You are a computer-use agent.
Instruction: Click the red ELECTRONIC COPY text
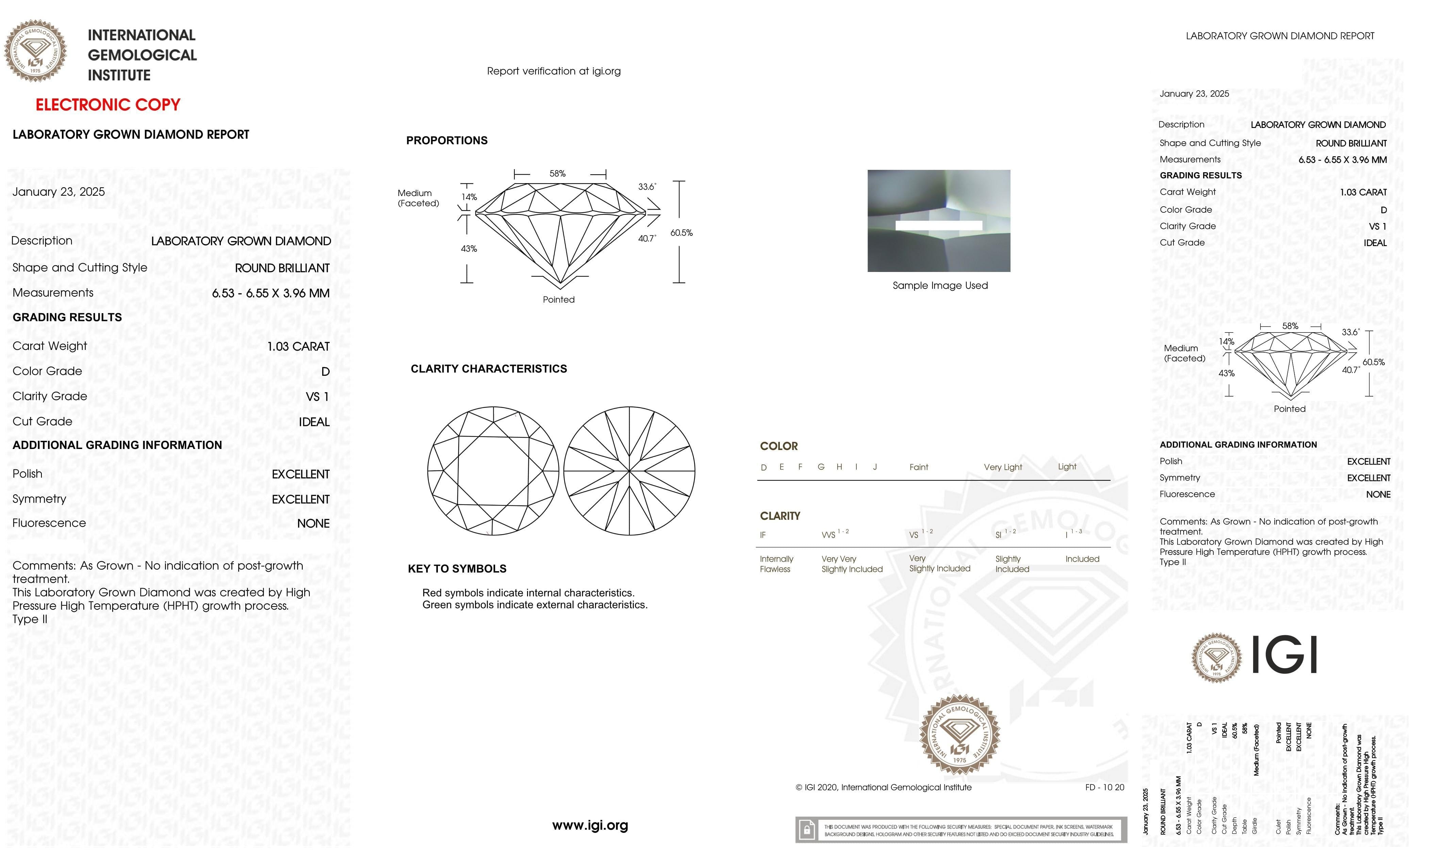click(108, 105)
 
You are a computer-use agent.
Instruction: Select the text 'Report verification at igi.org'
click(553, 71)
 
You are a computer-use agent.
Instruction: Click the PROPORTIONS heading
click(446, 140)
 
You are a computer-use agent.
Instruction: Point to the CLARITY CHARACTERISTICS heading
click(488, 369)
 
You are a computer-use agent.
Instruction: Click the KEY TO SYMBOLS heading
click(457, 568)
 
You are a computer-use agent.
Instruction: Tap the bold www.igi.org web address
click(590, 825)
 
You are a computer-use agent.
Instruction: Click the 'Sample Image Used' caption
click(939, 286)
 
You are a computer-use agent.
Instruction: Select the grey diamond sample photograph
click(938, 221)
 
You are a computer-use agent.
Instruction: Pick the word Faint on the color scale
click(919, 467)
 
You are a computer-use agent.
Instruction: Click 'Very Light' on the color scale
click(1003, 467)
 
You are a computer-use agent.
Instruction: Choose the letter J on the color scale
click(874, 467)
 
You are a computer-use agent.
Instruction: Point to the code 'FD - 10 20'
click(1104, 787)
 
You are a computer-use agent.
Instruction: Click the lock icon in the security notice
click(806, 830)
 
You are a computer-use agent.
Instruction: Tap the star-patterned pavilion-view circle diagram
click(629, 470)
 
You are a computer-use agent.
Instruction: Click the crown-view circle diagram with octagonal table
click(493, 470)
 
